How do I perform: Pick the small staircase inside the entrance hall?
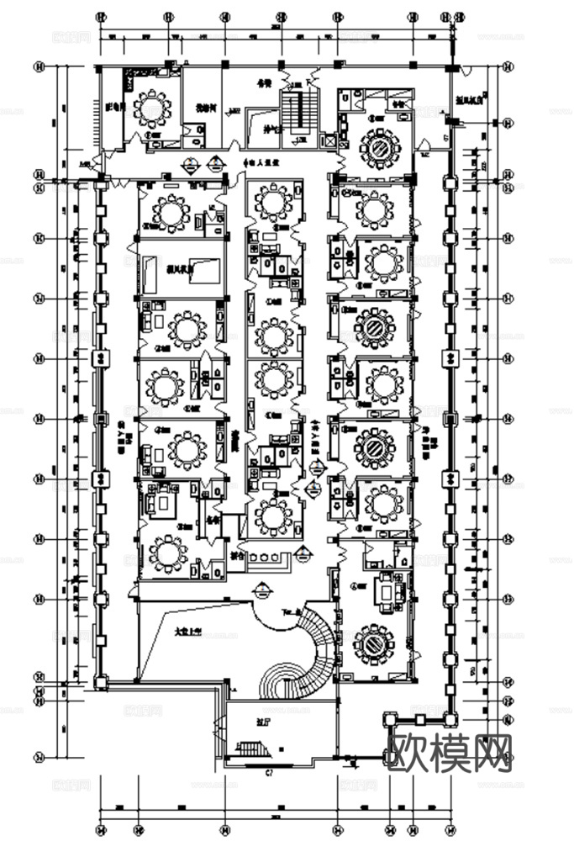(x=253, y=748)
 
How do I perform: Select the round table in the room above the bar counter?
(x=271, y=515)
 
